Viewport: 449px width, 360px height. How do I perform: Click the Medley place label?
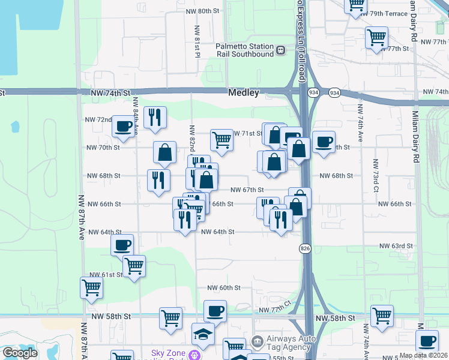pyautogui.click(x=243, y=93)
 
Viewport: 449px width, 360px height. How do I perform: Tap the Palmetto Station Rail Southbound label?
pyautogui.click(x=245, y=50)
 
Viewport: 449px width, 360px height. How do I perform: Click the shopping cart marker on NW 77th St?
pyautogui.click(x=376, y=37)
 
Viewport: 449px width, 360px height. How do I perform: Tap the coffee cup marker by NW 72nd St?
pyautogui.click(x=124, y=126)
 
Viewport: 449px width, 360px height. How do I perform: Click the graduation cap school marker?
pyautogui.click(x=203, y=334)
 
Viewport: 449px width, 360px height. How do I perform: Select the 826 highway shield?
pyautogui.click(x=305, y=248)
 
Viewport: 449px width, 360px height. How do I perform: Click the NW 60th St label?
pyautogui.click(x=224, y=288)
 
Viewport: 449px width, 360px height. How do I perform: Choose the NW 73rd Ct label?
pyautogui.click(x=375, y=176)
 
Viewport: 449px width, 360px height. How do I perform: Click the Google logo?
pyautogui.click(x=19, y=353)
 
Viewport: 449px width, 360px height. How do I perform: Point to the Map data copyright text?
pyautogui.click(x=423, y=355)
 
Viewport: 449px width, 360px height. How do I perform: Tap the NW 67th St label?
pyautogui.click(x=248, y=190)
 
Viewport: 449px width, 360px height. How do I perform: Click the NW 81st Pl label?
pyautogui.click(x=197, y=41)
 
